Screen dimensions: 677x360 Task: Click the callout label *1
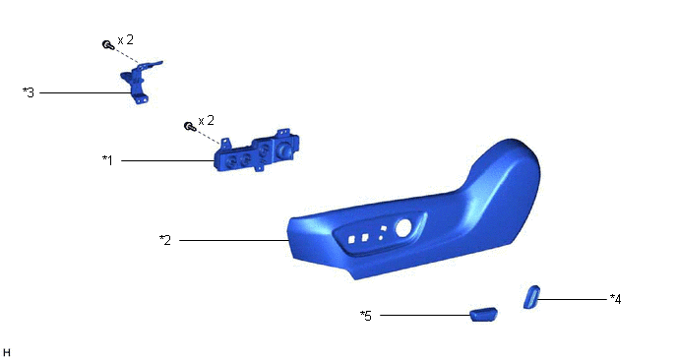(x=107, y=160)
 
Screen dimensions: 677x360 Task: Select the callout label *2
(x=165, y=240)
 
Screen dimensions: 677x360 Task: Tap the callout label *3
(x=29, y=92)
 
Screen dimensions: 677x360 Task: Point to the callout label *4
(x=615, y=299)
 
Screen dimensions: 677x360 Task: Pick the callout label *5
(x=366, y=316)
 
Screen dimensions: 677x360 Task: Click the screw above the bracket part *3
(x=107, y=44)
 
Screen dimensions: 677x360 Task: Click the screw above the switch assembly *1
(x=190, y=126)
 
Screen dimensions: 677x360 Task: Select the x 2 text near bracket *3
(x=126, y=39)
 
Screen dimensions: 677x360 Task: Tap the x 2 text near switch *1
(x=207, y=120)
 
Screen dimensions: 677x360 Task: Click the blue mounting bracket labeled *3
(x=139, y=82)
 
